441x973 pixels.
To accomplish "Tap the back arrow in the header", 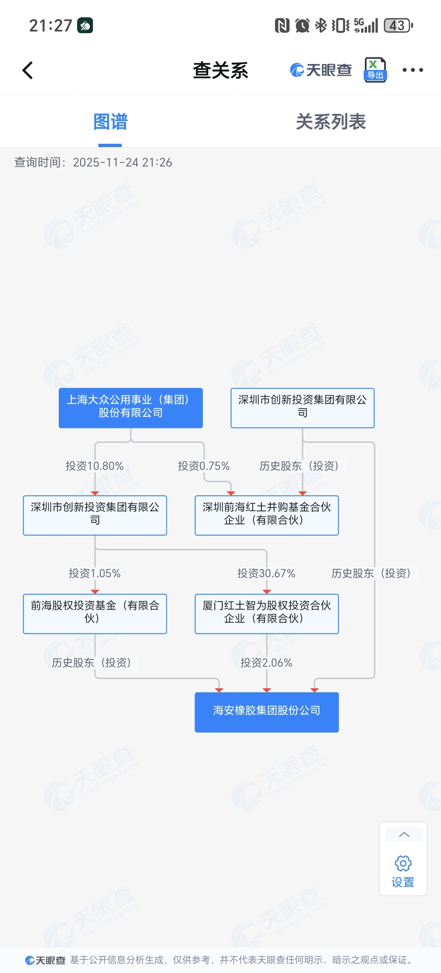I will [x=27, y=70].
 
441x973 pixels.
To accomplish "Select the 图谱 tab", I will [x=110, y=122].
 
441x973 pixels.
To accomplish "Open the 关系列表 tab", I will [x=331, y=122].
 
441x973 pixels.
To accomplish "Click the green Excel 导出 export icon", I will [x=375, y=70].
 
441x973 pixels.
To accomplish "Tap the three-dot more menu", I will [x=412, y=70].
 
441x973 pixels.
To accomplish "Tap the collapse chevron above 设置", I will [x=404, y=835].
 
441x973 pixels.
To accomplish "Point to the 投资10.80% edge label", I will [x=94, y=466].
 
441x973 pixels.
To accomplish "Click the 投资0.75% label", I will [x=204, y=466].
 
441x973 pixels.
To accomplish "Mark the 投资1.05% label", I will [x=94, y=573].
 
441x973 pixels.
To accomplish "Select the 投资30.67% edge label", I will [x=266, y=573].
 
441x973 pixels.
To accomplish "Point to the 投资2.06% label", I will [x=266, y=662].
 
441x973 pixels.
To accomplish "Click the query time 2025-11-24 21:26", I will [x=122, y=163].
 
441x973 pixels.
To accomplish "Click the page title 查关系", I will [x=220, y=70].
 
